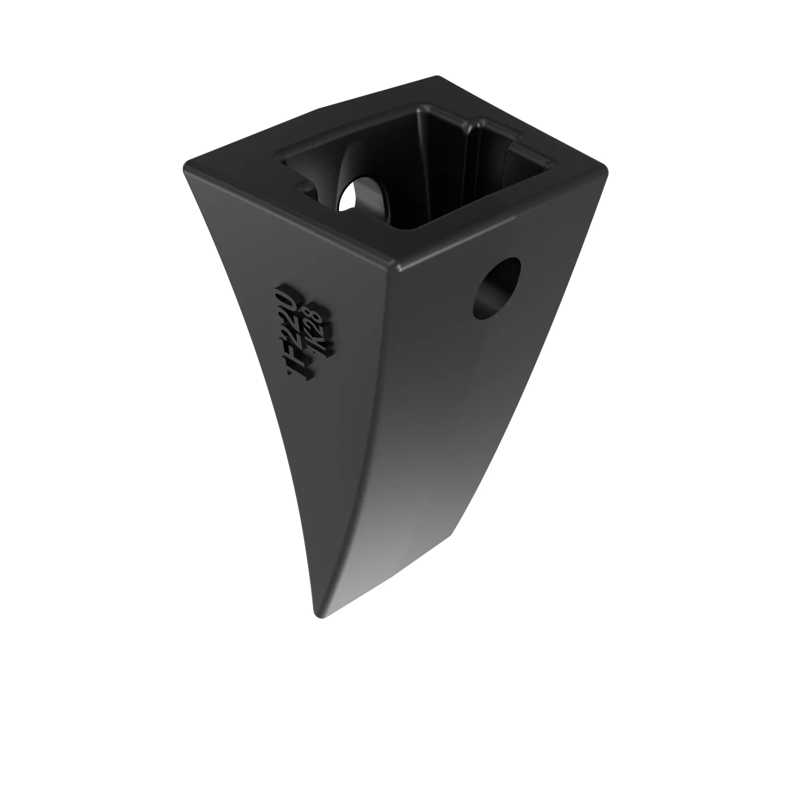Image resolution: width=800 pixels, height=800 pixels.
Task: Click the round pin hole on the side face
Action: [x=496, y=289]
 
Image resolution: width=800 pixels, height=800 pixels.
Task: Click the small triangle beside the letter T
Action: [x=290, y=372]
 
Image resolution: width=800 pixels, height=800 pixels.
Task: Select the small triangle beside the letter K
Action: [x=314, y=352]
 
